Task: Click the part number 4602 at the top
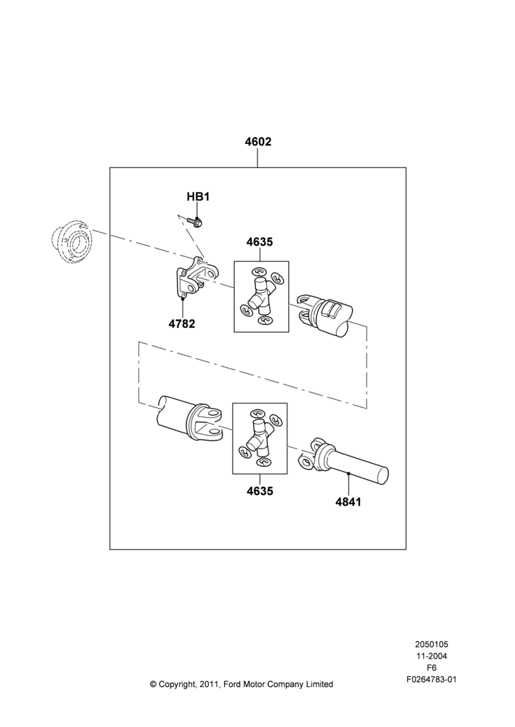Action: tap(258, 142)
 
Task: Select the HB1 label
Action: tap(198, 196)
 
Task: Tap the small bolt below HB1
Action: tap(196, 221)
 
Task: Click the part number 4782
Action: tap(182, 324)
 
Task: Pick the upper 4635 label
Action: tap(260, 242)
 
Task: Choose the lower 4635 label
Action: tap(260, 491)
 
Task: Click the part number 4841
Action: tap(348, 502)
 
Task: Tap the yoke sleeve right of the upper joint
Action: tap(325, 315)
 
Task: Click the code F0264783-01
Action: tap(431, 680)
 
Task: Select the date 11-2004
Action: tap(431, 656)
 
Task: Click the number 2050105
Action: tap(431, 644)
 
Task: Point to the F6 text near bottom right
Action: tap(431, 668)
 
